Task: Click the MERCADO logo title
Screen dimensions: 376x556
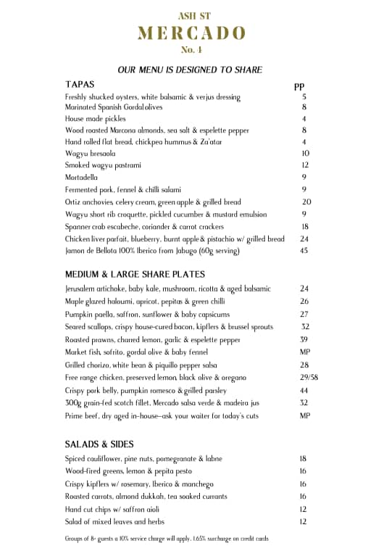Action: click(x=191, y=33)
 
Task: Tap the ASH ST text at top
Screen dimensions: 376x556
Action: click(x=191, y=15)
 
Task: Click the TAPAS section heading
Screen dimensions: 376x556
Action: click(x=80, y=84)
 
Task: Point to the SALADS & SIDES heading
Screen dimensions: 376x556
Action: click(x=99, y=444)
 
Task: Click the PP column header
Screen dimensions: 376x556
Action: click(x=299, y=86)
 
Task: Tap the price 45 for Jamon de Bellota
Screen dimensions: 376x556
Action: click(x=304, y=251)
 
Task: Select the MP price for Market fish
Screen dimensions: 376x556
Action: click(x=305, y=352)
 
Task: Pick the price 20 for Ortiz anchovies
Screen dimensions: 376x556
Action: click(x=306, y=202)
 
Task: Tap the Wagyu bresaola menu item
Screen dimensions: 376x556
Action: click(x=90, y=154)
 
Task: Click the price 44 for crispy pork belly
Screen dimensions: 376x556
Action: click(x=304, y=391)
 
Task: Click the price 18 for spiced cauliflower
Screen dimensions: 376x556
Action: click(x=303, y=459)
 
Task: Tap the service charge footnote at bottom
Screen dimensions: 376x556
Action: click(x=167, y=539)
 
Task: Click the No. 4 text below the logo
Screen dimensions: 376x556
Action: click(x=191, y=50)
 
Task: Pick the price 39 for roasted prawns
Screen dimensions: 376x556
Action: click(x=304, y=339)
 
